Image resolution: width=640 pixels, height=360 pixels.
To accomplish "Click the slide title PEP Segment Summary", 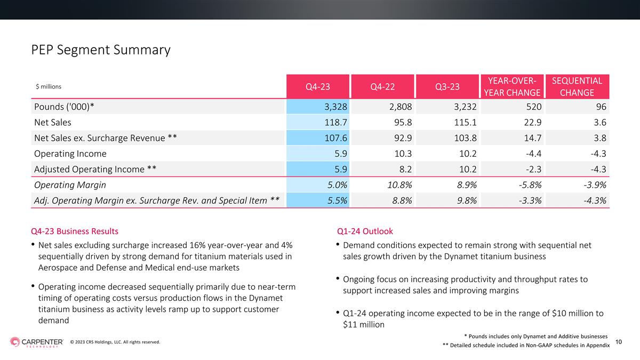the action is [x=101, y=50].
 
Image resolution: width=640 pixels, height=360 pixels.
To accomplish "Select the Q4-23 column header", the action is [x=318, y=86].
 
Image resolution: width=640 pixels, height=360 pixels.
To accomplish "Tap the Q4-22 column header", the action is [x=382, y=86].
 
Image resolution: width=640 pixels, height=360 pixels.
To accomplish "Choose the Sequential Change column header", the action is [x=577, y=86].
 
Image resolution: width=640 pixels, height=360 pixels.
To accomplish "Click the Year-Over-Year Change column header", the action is [x=512, y=86].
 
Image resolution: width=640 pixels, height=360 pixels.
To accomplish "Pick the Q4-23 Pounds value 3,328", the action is [x=335, y=107].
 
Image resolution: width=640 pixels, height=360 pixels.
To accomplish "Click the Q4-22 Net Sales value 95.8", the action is [x=403, y=122].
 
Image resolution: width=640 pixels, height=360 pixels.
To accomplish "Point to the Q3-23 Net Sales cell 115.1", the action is [x=466, y=122].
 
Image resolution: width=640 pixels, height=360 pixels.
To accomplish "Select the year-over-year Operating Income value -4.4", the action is [x=533, y=154].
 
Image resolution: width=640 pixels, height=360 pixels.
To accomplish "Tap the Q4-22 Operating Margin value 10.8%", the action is [x=399, y=185].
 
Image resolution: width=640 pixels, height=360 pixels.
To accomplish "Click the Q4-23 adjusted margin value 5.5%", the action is [x=337, y=201].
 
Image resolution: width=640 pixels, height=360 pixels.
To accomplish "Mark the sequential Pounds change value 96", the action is [x=601, y=107].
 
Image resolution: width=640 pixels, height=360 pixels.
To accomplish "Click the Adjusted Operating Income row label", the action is [x=95, y=170].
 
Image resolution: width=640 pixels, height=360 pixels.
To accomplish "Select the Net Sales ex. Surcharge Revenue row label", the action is [x=106, y=138].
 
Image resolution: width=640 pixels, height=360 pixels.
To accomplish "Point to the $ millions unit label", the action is [x=49, y=86].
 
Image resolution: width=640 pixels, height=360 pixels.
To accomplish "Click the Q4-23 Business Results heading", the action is [x=75, y=231].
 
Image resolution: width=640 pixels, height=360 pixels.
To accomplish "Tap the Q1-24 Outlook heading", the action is [x=365, y=231].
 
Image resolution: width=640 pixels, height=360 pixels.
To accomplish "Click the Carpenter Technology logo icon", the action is [x=15, y=342].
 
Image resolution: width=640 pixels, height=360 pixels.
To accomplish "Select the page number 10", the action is [x=619, y=342].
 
